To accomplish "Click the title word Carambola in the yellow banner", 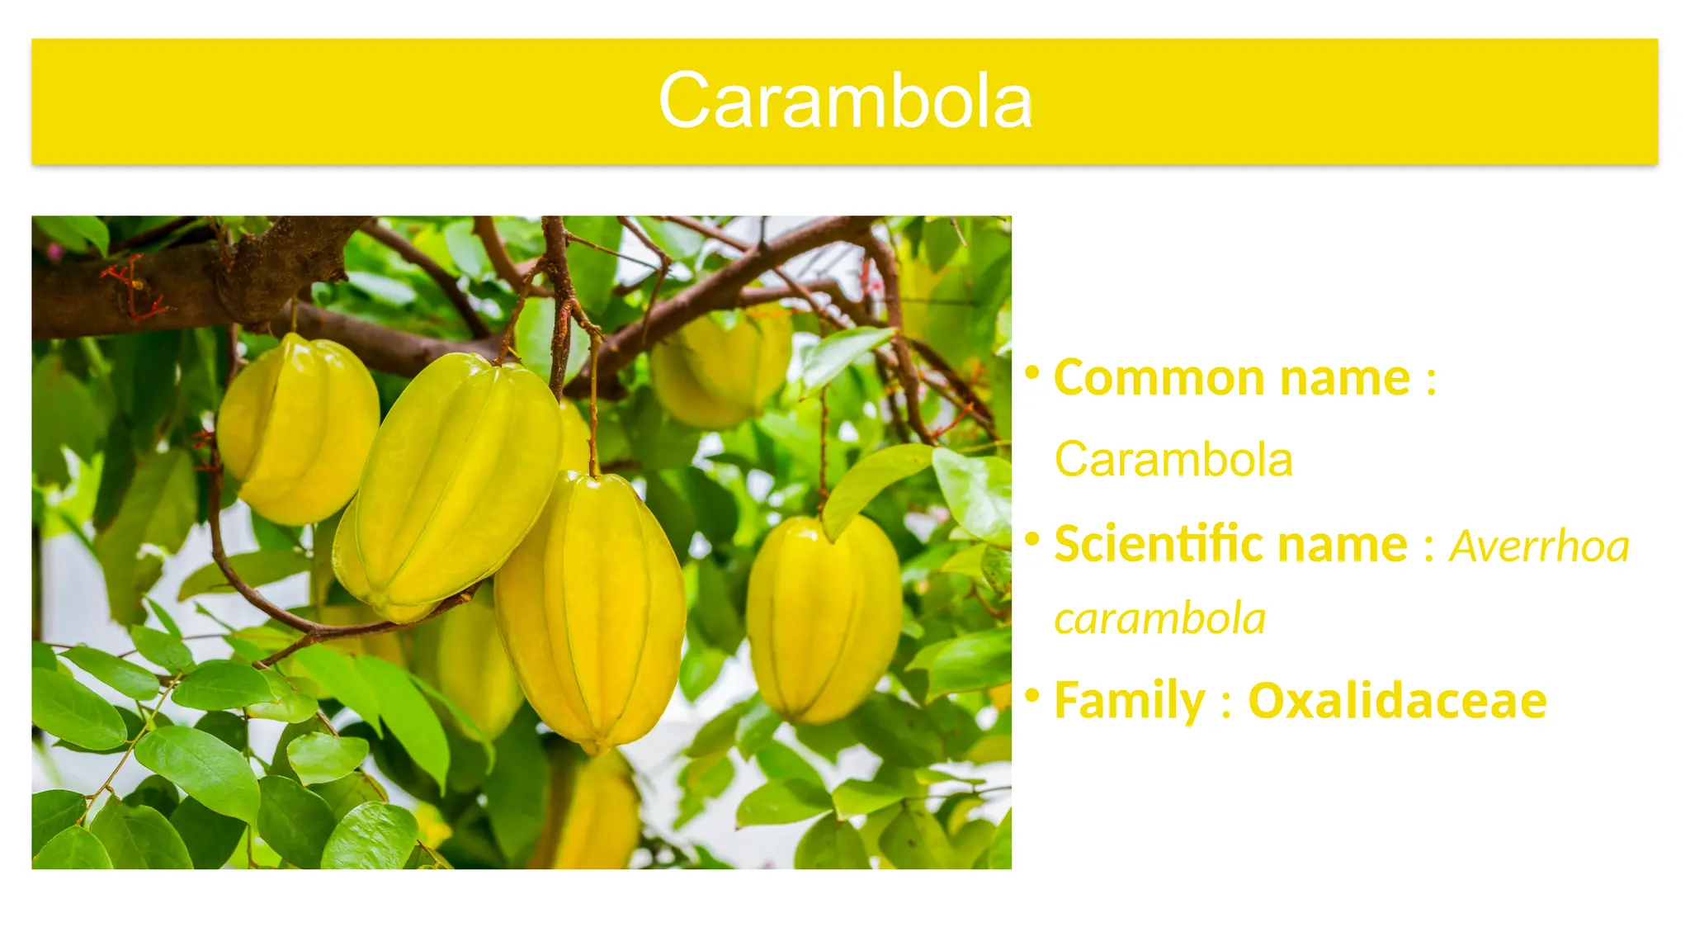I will [x=845, y=101].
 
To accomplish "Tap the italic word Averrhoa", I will [x=1540, y=546].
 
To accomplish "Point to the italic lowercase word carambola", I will [x=1159, y=619].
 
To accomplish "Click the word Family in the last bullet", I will [x=1130, y=701].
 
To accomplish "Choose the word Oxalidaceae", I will [x=1397, y=701].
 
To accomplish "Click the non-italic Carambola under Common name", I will [x=1173, y=459].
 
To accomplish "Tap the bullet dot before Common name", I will [x=1031, y=373].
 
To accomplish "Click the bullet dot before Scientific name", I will [x=1031, y=540].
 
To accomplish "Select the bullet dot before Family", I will [x=1031, y=696].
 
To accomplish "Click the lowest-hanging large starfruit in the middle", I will [x=591, y=611].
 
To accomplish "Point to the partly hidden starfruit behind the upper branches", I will [x=722, y=367].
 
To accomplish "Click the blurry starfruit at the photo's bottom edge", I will [x=598, y=817].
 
